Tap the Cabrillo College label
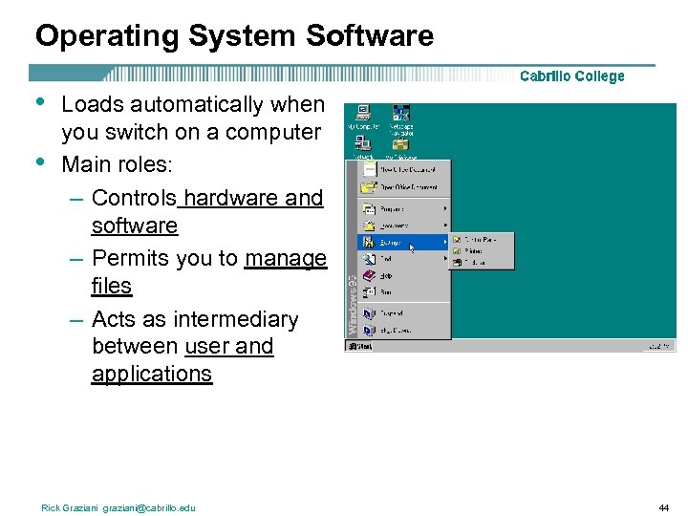pos(571,76)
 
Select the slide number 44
pos(663,507)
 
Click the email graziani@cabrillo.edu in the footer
pos(149,507)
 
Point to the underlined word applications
pos(151,374)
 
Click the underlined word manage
pos(285,258)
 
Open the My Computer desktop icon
pos(363,115)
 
